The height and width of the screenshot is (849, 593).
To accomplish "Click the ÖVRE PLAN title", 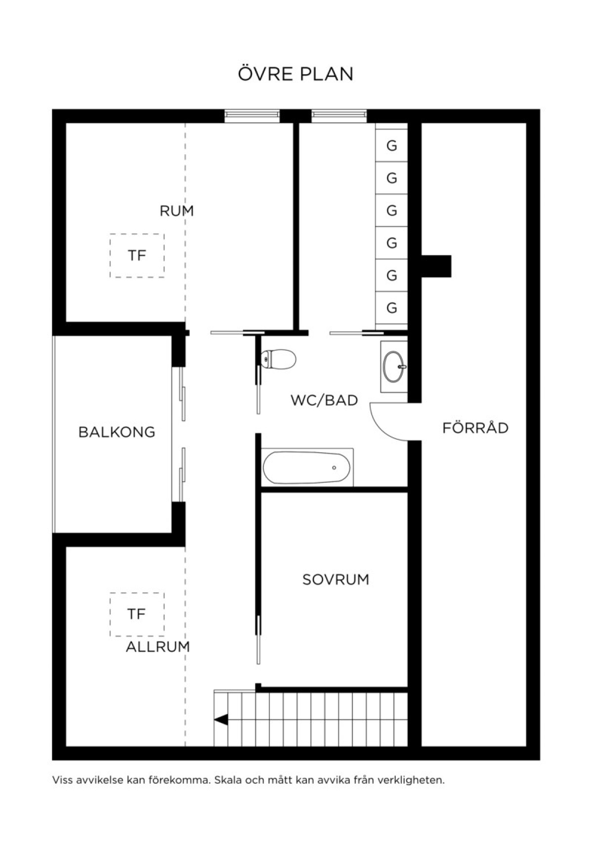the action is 296,74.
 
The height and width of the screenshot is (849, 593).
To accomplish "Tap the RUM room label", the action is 176,211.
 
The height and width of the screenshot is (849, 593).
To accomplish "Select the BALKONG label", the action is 117,432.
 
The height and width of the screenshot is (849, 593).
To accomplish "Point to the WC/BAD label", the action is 324,400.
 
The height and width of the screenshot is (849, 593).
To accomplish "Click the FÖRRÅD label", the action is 475,427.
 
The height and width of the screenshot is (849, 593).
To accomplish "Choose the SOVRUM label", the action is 336,579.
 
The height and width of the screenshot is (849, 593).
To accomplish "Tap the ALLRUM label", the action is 158,647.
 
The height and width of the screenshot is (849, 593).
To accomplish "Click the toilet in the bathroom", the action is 278,359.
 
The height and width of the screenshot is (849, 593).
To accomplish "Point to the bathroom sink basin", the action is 394,367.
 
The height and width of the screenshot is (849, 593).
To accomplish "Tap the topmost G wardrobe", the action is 391,146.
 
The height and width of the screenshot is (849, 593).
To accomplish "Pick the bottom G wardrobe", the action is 391,308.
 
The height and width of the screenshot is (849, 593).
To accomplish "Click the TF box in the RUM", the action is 137,255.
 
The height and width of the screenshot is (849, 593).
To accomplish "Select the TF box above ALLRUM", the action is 137,614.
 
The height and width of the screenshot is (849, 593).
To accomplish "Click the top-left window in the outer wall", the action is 252,116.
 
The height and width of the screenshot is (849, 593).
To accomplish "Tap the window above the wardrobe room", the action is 339,116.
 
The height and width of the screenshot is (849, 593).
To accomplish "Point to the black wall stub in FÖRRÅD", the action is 436,266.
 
